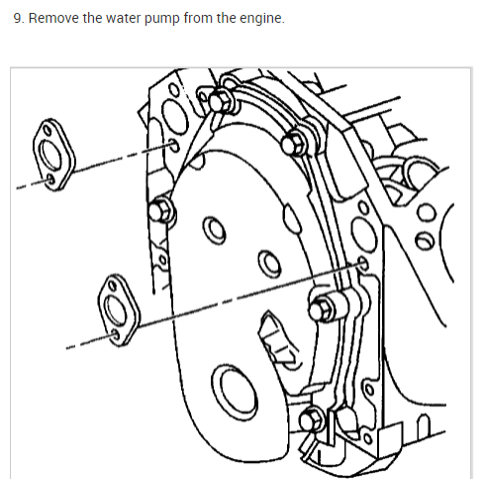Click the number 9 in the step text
(x=18, y=19)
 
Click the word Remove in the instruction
(x=54, y=18)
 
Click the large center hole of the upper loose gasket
(x=50, y=155)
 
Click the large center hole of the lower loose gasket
(x=116, y=310)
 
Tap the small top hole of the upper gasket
(x=47, y=130)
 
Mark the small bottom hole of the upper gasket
(x=50, y=180)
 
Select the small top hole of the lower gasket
(x=113, y=285)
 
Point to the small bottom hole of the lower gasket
(x=116, y=335)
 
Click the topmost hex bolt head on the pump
(x=220, y=101)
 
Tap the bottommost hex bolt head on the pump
(x=311, y=419)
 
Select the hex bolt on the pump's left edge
(x=160, y=211)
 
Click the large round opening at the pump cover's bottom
(x=235, y=393)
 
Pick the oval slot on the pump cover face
(x=292, y=218)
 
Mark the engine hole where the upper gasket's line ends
(x=174, y=146)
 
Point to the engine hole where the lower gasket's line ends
(x=363, y=264)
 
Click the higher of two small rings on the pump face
(x=214, y=230)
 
